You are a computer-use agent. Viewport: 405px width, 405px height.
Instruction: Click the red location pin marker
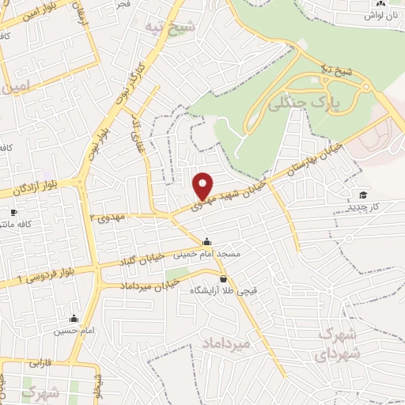[x=203, y=185]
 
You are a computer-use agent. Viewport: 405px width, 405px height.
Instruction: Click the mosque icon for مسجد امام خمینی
[x=207, y=242]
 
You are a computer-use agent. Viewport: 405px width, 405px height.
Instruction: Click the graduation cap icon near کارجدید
[x=362, y=195]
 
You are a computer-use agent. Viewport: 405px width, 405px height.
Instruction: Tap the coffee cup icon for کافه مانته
[x=13, y=212]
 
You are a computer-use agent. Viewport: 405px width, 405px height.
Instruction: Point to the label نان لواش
[x=385, y=15]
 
